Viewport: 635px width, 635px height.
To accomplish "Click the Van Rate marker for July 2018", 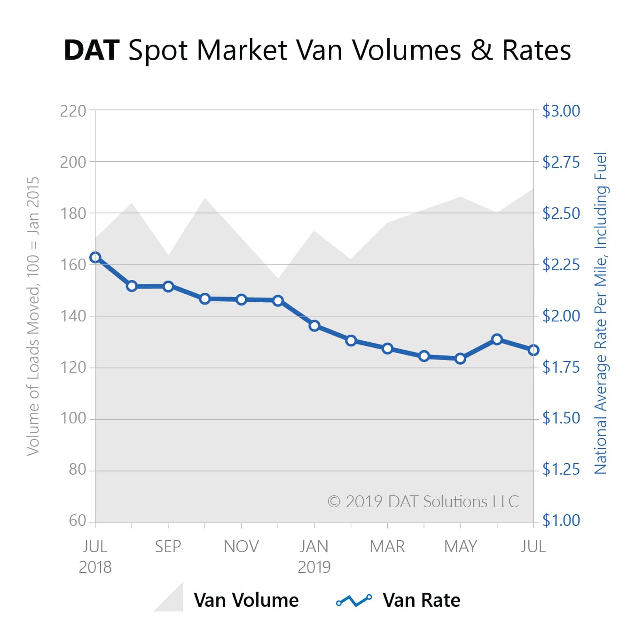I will click(95, 257).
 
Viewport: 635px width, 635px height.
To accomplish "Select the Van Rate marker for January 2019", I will click(314, 326).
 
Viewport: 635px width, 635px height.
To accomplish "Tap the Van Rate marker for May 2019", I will click(461, 359).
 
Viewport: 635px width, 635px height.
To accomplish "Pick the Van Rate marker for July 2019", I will click(533, 350).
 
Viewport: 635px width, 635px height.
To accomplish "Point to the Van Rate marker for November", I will click(242, 299).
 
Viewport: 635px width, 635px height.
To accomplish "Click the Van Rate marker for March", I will click(387, 348).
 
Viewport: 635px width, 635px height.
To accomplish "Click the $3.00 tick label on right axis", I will click(561, 111).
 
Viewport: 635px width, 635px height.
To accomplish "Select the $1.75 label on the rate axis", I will click(561, 367).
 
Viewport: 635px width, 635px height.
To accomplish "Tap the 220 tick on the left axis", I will click(73, 111).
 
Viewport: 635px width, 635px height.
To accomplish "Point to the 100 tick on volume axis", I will click(73, 418).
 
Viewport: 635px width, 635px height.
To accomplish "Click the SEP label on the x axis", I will click(168, 546).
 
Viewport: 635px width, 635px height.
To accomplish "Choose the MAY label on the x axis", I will click(461, 546).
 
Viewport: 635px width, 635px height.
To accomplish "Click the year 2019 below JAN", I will click(314, 567).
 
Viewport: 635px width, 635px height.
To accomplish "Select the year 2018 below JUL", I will click(95, 567).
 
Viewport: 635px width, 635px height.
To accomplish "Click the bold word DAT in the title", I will click(92, 50).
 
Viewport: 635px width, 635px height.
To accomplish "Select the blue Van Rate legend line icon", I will click(354, 600).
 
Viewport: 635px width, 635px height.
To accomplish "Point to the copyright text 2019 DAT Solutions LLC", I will click(423, 502).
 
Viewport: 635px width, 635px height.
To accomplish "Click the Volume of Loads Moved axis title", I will click(33, 316).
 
